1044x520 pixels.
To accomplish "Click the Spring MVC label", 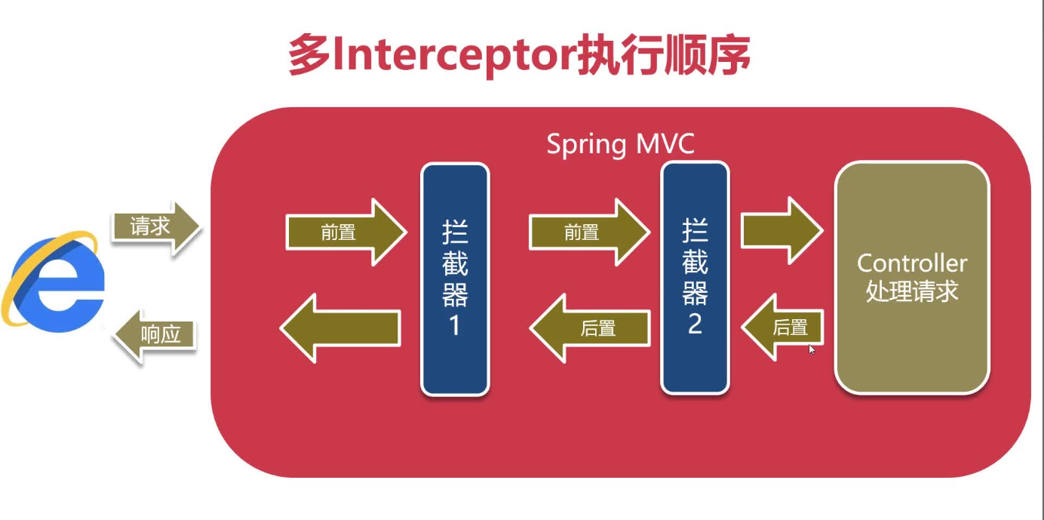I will pos(620,144).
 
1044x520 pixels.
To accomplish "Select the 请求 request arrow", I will pos(155,226).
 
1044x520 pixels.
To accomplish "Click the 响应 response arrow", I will pos(155,334).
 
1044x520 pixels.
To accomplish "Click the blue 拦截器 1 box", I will pos(455,279).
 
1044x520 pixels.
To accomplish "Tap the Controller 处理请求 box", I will pos(911,278).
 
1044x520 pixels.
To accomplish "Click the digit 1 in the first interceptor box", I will pos(455,326).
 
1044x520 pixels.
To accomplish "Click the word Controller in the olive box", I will pos(911,263).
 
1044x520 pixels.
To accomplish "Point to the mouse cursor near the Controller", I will pos(812,349).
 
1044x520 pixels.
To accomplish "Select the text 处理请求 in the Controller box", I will pos(911,292).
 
